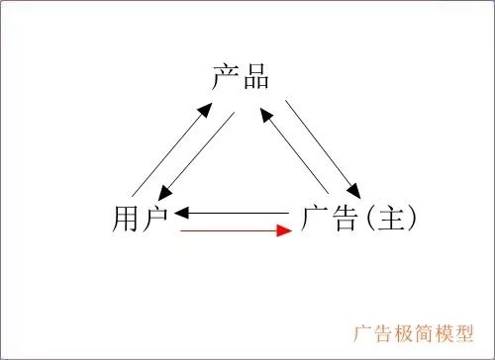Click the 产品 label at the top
coord(241,77)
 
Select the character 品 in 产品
coord(255,77)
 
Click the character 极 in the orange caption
coord(402,331)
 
